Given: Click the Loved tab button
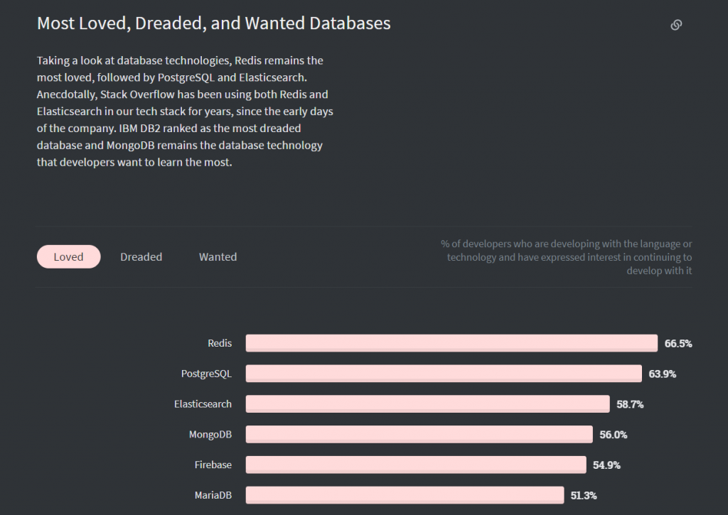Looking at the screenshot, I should [69, 256].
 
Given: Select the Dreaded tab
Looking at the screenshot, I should [141, 256].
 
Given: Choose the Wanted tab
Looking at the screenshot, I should [218, 256].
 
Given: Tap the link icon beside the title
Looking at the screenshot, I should [676, 25].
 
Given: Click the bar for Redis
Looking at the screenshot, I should [451, 343].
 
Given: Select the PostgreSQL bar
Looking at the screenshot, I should [444, 374].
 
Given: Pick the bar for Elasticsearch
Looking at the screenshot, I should [427, 404].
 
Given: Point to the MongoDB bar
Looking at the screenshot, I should [419, 434].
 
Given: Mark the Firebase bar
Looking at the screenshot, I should [416, 465].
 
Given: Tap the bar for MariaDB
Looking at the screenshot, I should [405, 495].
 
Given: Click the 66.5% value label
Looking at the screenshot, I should [678, 344].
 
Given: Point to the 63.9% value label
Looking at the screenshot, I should [663, 374].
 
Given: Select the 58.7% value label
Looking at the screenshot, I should [630, 404].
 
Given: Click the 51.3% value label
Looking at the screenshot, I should [584, 495].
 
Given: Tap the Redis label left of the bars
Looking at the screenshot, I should [220, 343].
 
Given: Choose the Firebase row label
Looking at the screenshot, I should [213, 465].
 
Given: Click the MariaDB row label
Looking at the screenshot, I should [213, 495].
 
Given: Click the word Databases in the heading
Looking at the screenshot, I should [350, 23].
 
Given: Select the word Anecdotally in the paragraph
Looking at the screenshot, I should [67, 94].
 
